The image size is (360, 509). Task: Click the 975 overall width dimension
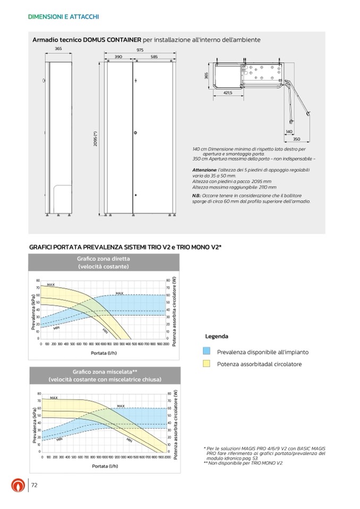140,49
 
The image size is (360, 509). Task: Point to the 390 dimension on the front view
118,56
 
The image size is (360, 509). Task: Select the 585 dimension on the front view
153,56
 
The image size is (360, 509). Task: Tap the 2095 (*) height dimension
96,139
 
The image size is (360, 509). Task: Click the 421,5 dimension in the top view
228,92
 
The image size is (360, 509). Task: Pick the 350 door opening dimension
297,139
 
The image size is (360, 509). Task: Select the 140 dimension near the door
289,131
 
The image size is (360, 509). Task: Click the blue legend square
207,351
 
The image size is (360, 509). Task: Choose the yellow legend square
207,364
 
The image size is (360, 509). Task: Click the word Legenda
217,337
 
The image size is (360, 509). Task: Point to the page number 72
35,485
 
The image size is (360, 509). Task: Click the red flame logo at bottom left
18,486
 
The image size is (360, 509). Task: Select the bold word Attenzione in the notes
205,169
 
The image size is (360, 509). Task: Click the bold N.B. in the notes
196,196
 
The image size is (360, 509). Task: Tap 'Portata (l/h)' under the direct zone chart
104,353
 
